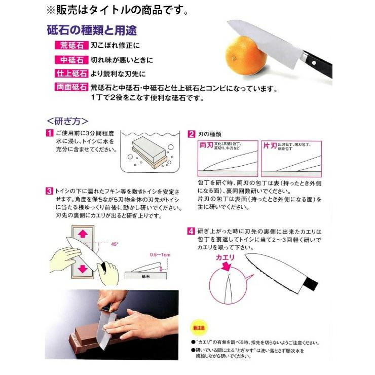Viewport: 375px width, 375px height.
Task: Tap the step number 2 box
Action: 192,134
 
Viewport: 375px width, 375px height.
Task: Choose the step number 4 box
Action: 192,231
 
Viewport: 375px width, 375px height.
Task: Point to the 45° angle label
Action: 115,244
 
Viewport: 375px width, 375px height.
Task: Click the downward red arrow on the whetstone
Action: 82,267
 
